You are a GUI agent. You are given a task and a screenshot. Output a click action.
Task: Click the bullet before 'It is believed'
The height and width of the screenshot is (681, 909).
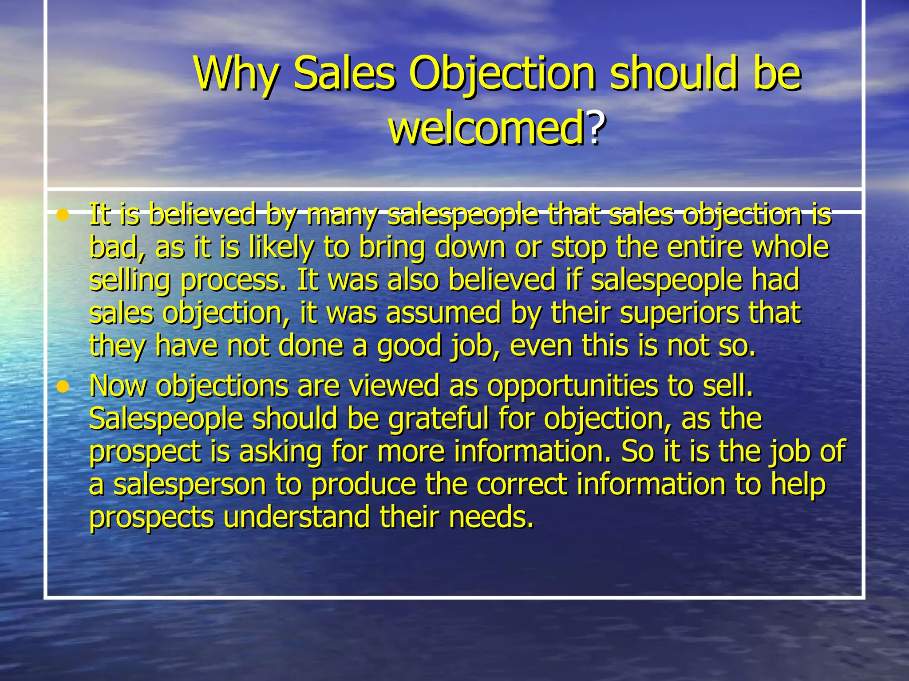(x=63, y=215)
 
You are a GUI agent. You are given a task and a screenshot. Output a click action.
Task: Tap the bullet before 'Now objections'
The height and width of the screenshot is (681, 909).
(x=63, y=387)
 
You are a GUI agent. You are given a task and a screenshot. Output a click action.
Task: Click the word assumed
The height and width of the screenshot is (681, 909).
(x=443, y=313)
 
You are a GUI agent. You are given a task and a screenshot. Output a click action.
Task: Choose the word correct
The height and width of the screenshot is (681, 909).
(x=522, y=484)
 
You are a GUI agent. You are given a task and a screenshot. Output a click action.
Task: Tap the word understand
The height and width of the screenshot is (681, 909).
(x=296, y=517)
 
